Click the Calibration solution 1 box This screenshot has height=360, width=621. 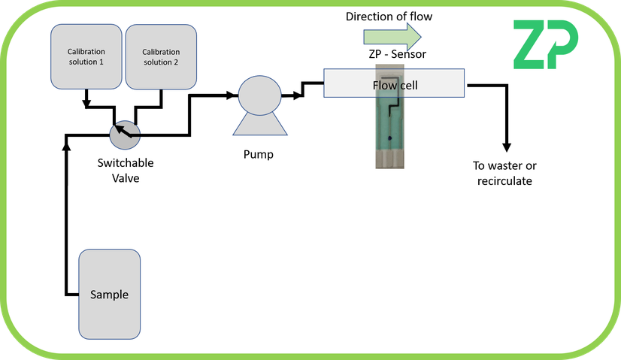tap(85, 56)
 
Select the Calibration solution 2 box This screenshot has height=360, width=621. tap(159, 56)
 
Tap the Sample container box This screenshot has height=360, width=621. tap(109, 294)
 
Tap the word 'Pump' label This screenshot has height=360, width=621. tap(258, 155)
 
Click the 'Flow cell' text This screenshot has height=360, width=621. tap(395, 85)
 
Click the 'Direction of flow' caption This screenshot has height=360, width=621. tap(389, 16)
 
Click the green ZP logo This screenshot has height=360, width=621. tap(546, 44)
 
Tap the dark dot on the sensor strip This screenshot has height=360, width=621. tap(389, 140)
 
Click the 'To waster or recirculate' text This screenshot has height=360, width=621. tap(504, 173)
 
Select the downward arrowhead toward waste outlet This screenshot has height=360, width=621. tap(507, 146)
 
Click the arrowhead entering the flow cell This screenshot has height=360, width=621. tap(318, 84)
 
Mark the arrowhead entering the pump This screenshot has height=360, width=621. tap(232, 95)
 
